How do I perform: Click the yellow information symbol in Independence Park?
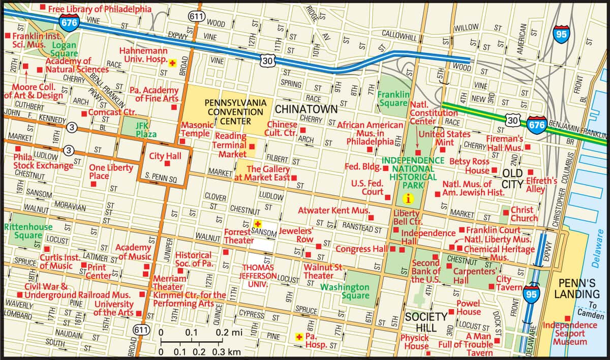pos(407,199)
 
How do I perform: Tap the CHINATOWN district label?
pos(306,109)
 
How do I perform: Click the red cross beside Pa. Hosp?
pos(299,337)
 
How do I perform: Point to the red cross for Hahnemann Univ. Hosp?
pos(172,62)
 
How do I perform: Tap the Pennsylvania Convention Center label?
pos(235,112)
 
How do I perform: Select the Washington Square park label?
pos(345,291)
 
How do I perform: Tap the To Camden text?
pos(590,310)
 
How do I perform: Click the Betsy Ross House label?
pos(469,166)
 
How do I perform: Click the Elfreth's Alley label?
pos(541,185)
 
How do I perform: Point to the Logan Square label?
pos(64,49)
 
